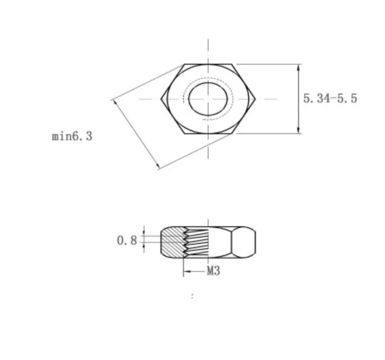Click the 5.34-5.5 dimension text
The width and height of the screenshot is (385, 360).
pyautogui.click(x=329, y=98)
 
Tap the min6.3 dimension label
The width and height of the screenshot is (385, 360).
pyautogui.click(x=72, y=136)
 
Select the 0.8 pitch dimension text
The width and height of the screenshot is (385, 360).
pyautogui.click(x=126, y=240)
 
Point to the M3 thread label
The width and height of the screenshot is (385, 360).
pyautogui.click(x=214, y=271)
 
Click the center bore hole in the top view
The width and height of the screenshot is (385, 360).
pyautogui.click(x=209, y=98)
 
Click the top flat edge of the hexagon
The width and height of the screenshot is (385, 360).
pyautogui.click(x=209, y=64)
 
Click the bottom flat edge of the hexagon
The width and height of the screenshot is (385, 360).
pyautogui.click(x=209, y=134)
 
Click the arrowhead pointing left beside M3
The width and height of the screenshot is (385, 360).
pyautogui.click(x=187, y=271)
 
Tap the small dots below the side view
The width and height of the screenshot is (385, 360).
pyautogui.click(x=192, y=297)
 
